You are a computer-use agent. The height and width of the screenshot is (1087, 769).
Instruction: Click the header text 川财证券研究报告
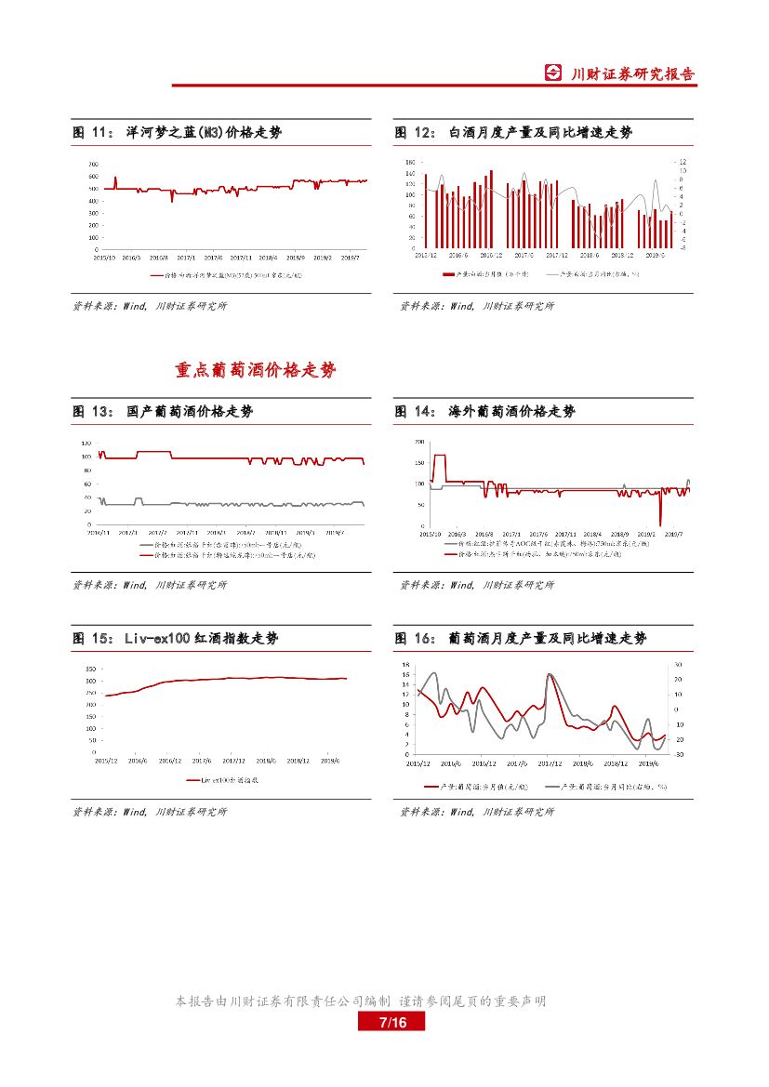(632, 74)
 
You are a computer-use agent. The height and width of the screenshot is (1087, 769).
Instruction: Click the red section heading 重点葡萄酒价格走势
(256, 370)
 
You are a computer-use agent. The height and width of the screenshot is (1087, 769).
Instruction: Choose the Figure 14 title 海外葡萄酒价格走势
(484, 411)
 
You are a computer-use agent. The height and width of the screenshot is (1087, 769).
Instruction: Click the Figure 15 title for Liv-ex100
(175, 638)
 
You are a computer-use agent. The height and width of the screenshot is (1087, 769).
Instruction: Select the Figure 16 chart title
(520, 638)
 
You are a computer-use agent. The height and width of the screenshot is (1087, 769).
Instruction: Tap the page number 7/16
(391, 1022)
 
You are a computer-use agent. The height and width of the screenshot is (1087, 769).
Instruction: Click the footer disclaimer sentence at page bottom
(361, 1001)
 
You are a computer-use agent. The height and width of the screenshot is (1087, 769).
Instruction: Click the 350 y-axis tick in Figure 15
(90, 669)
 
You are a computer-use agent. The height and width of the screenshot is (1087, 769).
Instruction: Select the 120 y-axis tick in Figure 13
(86, 442)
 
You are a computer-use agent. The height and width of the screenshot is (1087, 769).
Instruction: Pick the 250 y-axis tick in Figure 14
(419, 442)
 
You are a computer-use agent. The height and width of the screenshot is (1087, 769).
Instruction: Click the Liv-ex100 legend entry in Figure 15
(223, 780)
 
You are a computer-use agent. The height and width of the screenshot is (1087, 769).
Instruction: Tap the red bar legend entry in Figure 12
(484, 274)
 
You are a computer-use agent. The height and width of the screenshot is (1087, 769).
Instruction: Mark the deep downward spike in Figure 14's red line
(660, 524)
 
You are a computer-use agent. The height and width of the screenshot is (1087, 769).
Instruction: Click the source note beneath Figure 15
(150, 812)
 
